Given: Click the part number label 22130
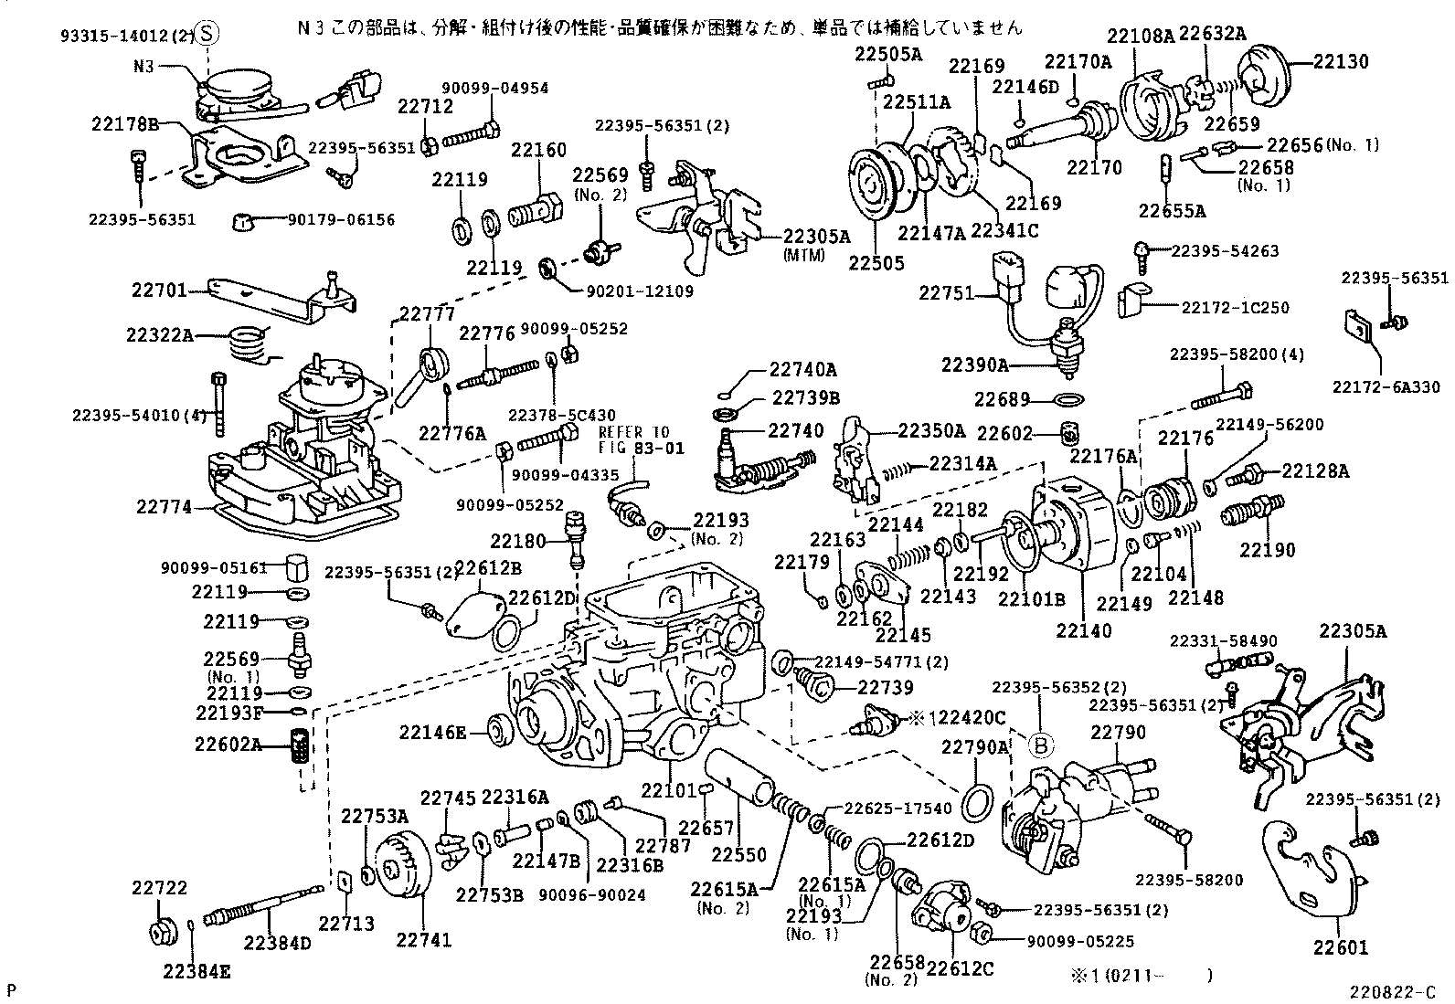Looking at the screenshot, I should (x=1341, y=61).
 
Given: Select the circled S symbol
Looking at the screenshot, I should (x=207, y=34).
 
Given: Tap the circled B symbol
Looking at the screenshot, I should (x=1038, y=745).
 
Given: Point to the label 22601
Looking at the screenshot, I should (x=1341, y=947).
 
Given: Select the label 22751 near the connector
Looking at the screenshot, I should (x=946, y=292).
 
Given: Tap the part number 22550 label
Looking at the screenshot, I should (x=738, y=854).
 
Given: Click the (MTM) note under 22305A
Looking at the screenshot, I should (x=803, y=255).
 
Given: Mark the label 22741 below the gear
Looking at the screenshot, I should (x=424, y=939).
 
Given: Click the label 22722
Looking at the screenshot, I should (x=159, y=888).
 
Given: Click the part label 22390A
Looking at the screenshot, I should (x=975, y=365).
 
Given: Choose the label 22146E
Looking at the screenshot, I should (x=433, y=732).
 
